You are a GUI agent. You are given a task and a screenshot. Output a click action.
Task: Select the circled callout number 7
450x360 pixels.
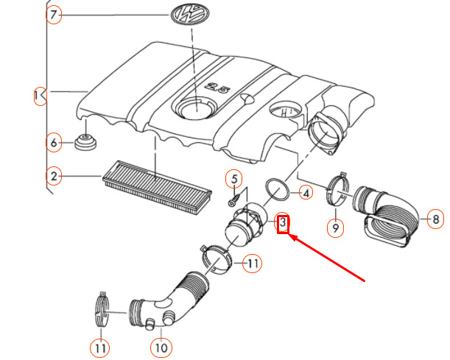[54, 15]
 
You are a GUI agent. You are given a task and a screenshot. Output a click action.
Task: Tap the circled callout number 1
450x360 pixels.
[38, 95]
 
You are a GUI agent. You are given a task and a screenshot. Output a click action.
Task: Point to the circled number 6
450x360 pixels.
[53, 142]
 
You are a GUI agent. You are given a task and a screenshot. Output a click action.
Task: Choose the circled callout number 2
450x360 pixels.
[53, 175]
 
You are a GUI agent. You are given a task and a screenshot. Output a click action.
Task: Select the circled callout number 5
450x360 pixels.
[233, 178]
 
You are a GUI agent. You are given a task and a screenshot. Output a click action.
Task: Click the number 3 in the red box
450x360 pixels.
[283, 223]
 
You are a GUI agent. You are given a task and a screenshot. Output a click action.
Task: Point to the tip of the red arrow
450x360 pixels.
[289, 236]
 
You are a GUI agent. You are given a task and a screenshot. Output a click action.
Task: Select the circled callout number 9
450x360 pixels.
[336, 227]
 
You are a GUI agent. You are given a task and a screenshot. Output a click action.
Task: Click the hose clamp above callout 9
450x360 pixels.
[337, 190]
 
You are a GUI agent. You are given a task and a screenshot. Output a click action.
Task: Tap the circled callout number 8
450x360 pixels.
[435, 219]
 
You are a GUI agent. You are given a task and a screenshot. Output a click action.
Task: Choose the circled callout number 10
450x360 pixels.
[161, 345]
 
